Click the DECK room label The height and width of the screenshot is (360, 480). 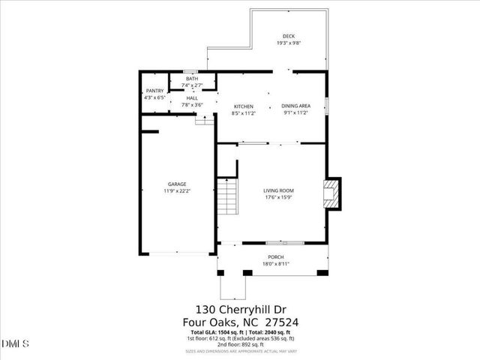(289, 36)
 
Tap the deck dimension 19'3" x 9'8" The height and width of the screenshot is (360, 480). (289, 43)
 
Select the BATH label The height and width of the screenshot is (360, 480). (192, 79)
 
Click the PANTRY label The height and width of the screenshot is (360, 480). (154, 91)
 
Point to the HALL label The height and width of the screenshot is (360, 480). (192, 97)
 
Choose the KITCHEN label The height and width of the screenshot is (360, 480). (244, 106)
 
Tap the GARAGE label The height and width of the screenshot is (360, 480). (177, 184)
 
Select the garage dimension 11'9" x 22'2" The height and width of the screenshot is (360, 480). (177, 191)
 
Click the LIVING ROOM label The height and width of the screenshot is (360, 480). (277, 190)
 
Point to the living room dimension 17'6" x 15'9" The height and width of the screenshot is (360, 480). (277, 198)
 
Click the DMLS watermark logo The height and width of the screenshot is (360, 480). (16, 344)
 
